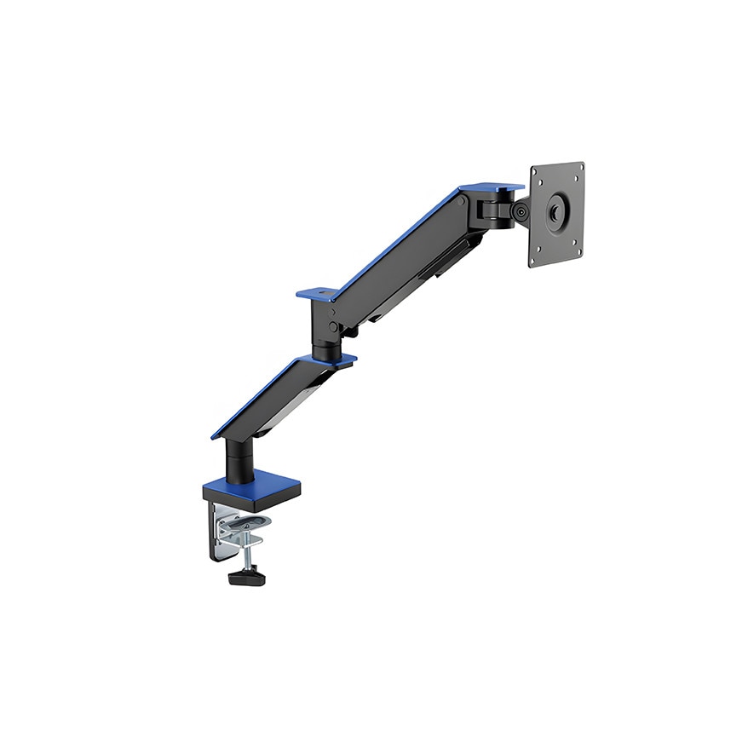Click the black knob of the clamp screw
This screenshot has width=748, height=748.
[246, 578]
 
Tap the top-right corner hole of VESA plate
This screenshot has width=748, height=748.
[580, 169]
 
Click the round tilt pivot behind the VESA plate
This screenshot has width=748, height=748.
[519, 211]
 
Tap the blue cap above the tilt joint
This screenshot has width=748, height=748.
[492, 187]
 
